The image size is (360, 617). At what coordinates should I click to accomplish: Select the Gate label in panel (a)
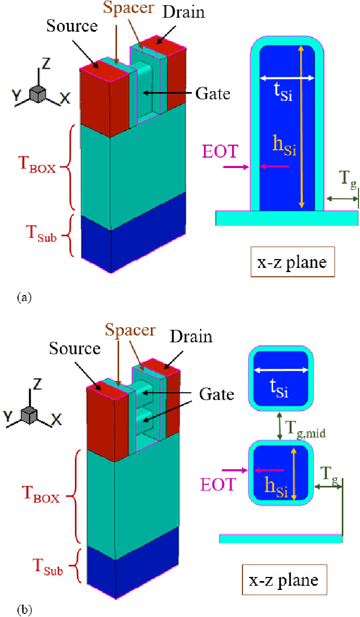pyautogui.click(x=213, y=94)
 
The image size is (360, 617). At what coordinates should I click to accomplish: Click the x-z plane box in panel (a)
pyautogui.click(x=292, y=262)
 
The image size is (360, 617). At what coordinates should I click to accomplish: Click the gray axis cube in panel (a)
pyautogui.click(x=38, y=94)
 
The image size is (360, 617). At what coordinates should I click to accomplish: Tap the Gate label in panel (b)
pyautogui.click(x=215, y=394)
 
